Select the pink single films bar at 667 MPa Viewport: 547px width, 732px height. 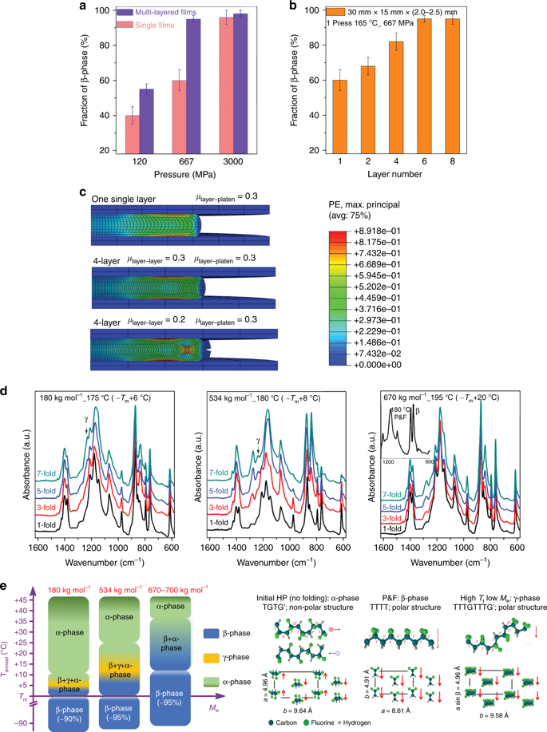(x=181, y=115)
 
